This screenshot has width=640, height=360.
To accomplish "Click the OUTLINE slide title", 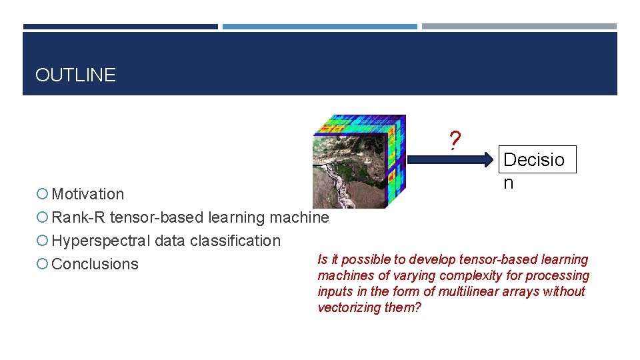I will tap(75, 75).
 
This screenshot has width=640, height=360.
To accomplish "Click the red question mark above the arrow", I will tap(454, 141).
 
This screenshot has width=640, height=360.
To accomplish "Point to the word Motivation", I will tap(88, 194).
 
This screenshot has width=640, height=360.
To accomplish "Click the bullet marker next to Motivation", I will tap(43, 194).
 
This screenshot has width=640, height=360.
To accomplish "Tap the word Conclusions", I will tap(95, 264).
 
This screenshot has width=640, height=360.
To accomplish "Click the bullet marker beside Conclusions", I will tap(43, 264).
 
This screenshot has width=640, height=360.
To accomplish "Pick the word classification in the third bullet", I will tap(239, 241).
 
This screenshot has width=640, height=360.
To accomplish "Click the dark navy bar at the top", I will tap(120, 27).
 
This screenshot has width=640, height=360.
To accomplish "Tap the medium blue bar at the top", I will tap(319, 27).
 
